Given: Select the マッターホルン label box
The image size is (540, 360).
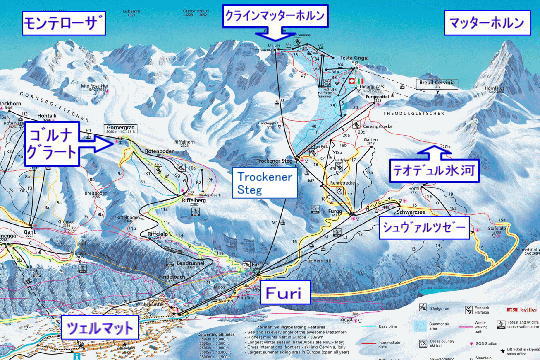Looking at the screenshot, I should pyautogui.click(x=484, y=22).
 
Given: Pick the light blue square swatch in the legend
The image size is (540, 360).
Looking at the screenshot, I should pyautogui.click(x=416, y=324).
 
